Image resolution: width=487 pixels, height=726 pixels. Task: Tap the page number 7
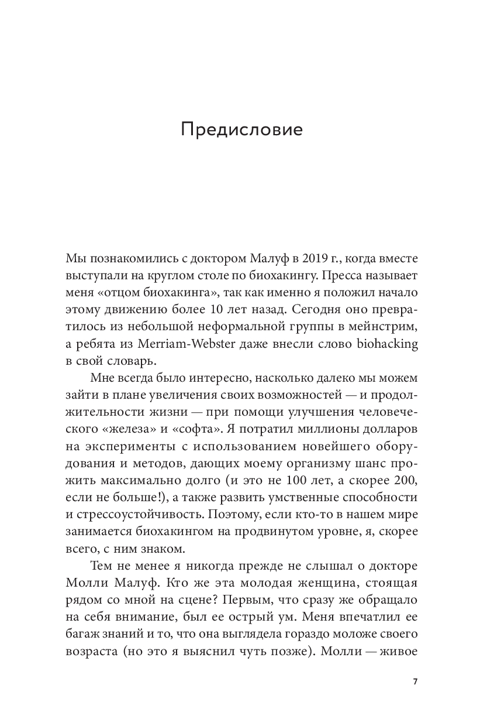(x=415, y=682)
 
